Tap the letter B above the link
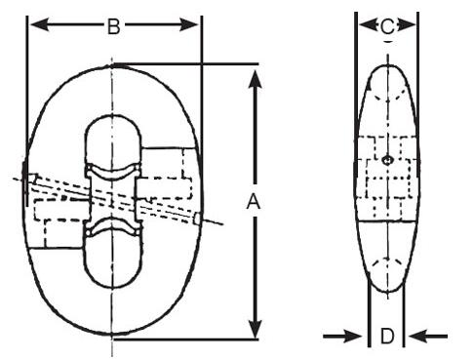114,26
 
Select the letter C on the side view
387,25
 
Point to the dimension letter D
387,337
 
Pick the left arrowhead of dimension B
36,26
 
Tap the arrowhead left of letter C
365,25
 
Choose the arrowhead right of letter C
410,25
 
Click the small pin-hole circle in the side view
387,159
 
